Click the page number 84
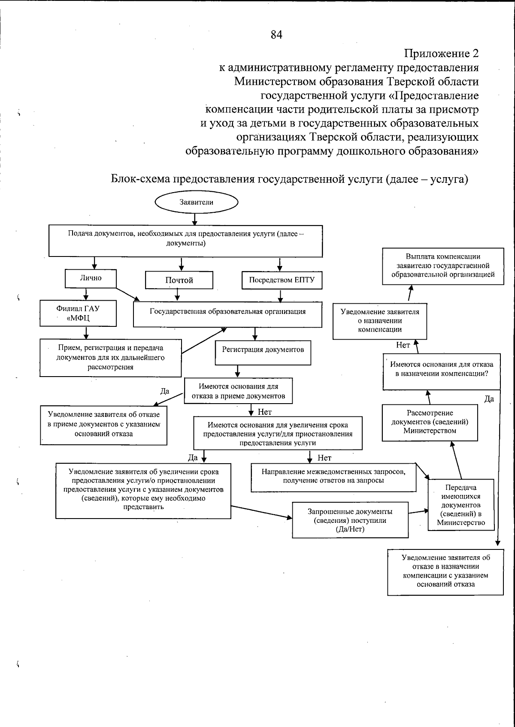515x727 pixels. [x=276, y=35]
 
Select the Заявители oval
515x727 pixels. [x=196, y=202]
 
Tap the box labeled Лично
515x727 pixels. [x=91, y=278]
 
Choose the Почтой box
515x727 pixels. [x=179, y=281]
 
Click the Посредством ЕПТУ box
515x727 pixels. [x=282, y=281]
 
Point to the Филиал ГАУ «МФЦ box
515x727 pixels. [x=78, y=313]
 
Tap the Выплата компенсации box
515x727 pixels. [x=443, y=266]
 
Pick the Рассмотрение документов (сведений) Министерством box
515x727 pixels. [x=430, y=422]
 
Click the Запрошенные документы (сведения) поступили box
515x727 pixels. [x=350, y=520]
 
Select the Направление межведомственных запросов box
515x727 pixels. [x=333, y=477]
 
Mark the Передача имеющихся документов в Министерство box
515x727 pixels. [x=461, y=505]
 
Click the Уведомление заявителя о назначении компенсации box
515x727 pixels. [x=380, y=321]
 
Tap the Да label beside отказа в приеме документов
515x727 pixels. [x=165, y=391]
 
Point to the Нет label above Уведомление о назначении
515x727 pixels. [x=403, y=345]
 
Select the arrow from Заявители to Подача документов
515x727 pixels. [x=194, y=219]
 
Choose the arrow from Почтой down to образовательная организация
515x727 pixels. [x=178, y=295]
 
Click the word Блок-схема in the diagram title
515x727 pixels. [x=140, y=179]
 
